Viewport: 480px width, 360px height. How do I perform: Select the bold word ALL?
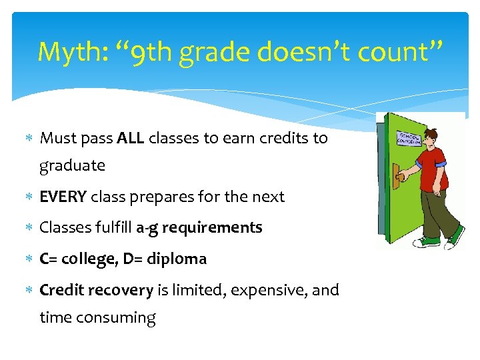tap(131, 138)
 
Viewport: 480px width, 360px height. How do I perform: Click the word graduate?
tap(72, 165)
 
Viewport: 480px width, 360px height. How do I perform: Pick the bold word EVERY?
tap(63, 197)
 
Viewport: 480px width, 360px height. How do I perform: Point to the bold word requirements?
tap(212, 227)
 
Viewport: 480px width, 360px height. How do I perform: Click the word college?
tap(89, 259)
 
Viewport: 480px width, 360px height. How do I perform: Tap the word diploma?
tap(177, 259)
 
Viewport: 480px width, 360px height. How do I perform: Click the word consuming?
tap(117, 317)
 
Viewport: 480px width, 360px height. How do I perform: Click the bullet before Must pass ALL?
tap(29, 139)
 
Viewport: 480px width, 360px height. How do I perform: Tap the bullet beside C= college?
tap(29, 259)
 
